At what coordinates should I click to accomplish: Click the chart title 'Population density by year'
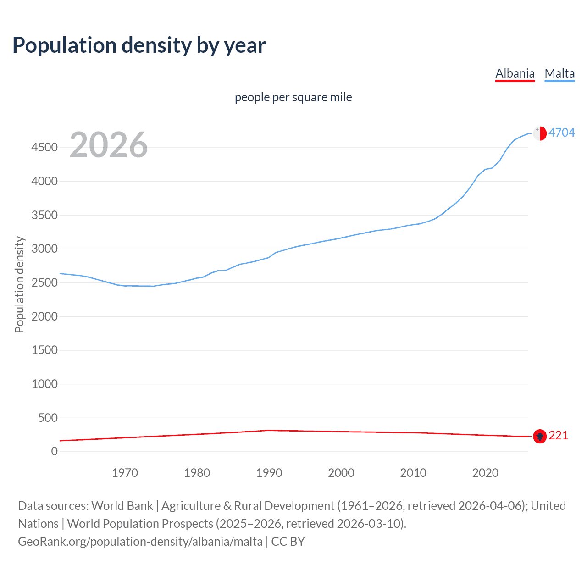(139, 45)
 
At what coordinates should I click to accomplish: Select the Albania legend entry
(515, 74)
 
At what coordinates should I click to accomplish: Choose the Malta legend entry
(559, 74)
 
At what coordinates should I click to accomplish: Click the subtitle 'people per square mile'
(293, 97)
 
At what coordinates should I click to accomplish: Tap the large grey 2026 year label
(109, 145)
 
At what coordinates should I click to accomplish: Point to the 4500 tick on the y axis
(44, 148)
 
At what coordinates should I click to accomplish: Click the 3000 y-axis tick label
(44, 249)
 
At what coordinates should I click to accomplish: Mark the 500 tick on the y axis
(48, 418)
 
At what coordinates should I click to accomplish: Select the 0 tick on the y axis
(55, 452)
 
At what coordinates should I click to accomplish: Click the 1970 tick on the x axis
(125, 473)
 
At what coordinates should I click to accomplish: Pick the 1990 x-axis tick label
(269, 473)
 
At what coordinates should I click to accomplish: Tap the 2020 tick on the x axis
(485, 473)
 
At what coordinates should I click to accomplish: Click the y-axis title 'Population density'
(19, 284)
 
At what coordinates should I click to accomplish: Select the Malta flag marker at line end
(540, 133)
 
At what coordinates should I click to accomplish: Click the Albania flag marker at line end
(540, 436)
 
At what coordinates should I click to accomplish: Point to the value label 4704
(562, 133)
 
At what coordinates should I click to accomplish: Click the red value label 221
(558, 435)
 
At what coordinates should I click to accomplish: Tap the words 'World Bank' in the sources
(122, 506)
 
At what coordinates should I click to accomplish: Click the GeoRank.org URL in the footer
(140, 542)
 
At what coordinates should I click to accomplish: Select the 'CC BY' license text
(288, 542)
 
